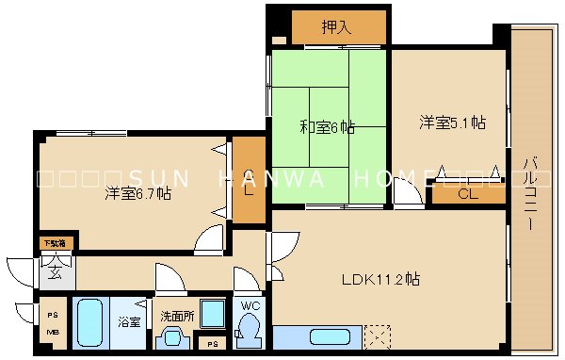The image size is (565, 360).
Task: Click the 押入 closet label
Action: [x=336, y=27]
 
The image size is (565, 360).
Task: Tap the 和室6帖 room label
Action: [x=327, y=125]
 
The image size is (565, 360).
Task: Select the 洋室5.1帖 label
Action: [x=452, y=123]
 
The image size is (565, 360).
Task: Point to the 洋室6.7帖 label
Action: [x=138, y=194]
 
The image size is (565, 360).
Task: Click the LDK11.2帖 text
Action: [x=380, y=279]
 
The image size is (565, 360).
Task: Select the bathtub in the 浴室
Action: [x=91, y=324]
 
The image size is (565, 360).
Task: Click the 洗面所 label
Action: [x=176, y=316]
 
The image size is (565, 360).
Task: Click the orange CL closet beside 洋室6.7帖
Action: [x=249, y=181]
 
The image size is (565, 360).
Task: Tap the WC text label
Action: [x=250, y=306]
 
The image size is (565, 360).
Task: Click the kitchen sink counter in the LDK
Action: [x=320, y=337]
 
